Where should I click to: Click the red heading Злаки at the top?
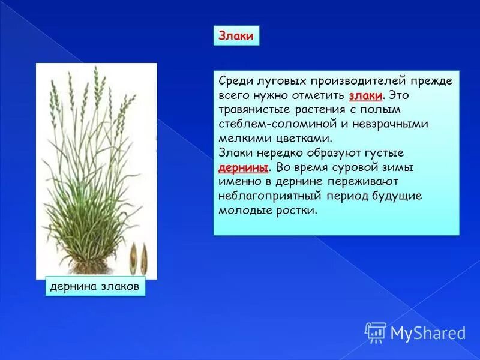pyautogui.click(x=236, y=37)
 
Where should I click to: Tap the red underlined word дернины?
pyautogui.click(x=242, y=167)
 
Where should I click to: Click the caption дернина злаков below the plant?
pyautogui.click(x=95, y=287)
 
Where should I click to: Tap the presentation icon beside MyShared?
pyautogui.click(x=376, y=332)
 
